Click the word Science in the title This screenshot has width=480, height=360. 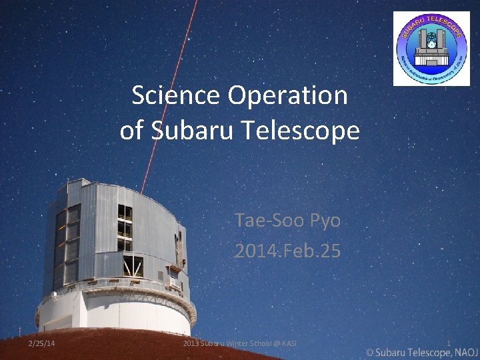pos(176,96)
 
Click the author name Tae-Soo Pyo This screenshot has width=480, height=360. pos(287,220)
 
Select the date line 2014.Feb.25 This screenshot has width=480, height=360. pos(287,251)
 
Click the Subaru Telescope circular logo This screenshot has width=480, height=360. pos(431,48)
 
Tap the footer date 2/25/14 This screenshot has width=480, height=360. pos(42,343)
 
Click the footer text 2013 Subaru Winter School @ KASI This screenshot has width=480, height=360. pos(239,343)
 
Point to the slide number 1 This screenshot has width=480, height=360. pos(449,343)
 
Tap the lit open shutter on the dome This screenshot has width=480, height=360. pos(132,266)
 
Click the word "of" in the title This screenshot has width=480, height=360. pos(131,130)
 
